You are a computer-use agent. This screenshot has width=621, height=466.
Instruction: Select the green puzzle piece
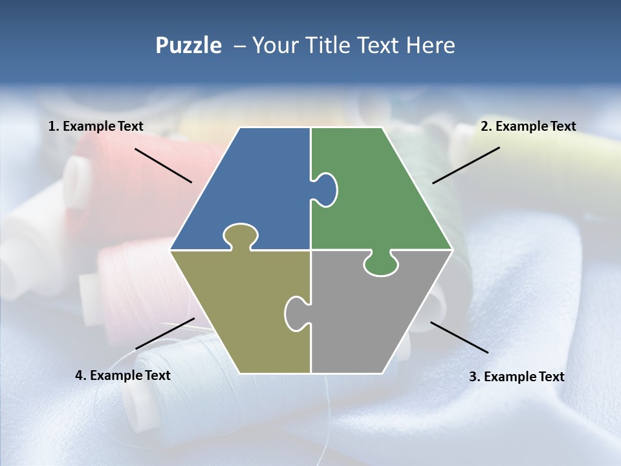[x=375, y=194]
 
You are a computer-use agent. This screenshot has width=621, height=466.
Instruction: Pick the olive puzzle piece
[x=246, y=311]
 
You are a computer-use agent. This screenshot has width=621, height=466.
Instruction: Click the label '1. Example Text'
[x=96, y=126]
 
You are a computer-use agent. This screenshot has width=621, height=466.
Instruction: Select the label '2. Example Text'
[x=528, y=126]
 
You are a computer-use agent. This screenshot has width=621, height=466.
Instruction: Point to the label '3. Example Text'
[x=516, y=377]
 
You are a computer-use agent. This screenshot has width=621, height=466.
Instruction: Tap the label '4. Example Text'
[x=122, y=375]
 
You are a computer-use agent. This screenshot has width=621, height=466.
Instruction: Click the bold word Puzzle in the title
[x=188, y=45]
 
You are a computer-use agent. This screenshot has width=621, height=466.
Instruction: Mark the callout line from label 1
[x=163, y=165]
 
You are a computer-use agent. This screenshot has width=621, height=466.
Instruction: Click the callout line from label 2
[x=466, y=165]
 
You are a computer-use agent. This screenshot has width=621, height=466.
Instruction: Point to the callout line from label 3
[x=459, y=337]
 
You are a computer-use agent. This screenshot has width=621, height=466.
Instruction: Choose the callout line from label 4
[x=165, y=333]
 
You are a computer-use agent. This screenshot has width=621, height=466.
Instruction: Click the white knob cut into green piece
[x=325, y=189]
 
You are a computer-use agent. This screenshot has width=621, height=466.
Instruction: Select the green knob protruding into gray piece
[x=380, y=264]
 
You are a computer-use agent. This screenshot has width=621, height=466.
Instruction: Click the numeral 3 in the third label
[x=472, y=377]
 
